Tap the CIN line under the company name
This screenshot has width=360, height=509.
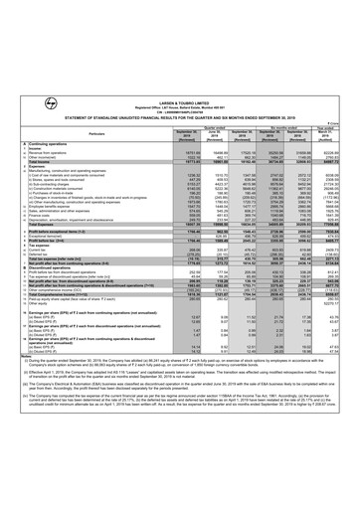point(180,30)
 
